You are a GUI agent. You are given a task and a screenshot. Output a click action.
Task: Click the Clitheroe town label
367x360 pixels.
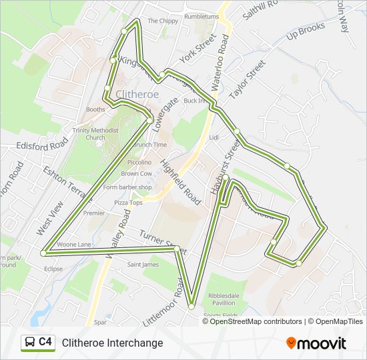(x=137, y=94)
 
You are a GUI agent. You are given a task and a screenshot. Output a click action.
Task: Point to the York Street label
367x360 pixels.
(x=199, y=47)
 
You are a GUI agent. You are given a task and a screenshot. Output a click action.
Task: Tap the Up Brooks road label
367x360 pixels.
(x=306, y=32)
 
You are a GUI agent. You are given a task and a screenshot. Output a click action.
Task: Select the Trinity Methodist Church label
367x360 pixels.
(x=95, y=134)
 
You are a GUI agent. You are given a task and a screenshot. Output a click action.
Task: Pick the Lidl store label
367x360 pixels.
(x=214, y=138)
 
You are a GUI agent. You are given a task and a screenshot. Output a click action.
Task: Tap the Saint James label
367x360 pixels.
(x=143, y=265)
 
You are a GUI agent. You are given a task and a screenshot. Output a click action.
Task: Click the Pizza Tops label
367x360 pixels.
(x=128, y=202)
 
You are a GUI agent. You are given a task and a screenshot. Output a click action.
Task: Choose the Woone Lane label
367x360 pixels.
(x=74, y=245)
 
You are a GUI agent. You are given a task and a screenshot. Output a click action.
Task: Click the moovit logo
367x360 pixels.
(x=316, y=343)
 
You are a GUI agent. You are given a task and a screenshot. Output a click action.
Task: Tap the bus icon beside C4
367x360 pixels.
(x=29, y=342)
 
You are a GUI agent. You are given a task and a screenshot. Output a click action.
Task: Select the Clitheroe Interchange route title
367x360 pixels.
(x=112, y=343)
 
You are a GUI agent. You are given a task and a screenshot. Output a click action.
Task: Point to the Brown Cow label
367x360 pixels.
(x=135, y=173)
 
